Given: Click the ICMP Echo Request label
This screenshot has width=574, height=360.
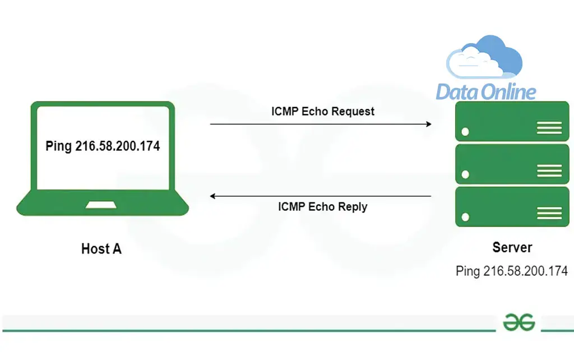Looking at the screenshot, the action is tap(322, 112).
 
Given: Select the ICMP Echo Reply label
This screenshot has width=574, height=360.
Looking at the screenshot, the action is tap(322, 206).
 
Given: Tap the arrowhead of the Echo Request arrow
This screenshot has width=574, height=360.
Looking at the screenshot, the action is tap(429, 124).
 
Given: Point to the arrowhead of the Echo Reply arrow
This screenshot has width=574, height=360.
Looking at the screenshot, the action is tap(212, 196).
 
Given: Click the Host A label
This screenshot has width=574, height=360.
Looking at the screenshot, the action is tap(101, 248).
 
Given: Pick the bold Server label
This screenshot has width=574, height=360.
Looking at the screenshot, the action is tap(512, 247).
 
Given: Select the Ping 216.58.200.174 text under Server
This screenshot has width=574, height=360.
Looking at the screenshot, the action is tap(512, 271).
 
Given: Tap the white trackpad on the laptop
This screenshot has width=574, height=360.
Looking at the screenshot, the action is tap(101, 205).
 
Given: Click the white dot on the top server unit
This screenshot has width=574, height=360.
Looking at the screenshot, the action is tap(465, 132).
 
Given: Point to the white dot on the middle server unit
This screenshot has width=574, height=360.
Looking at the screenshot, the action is tap(465, 174).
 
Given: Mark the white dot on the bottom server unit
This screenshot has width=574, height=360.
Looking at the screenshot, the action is tap(465, 217).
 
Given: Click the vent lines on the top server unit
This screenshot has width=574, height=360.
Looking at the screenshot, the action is tap(549, 128).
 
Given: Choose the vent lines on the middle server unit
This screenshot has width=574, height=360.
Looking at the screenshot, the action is tap(549, 170).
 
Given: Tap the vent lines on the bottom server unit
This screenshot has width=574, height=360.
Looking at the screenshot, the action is tap(549, 213).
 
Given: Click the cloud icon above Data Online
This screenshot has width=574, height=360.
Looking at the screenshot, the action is tap(484, 57).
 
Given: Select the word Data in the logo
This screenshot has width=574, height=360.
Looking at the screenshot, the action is tap(456, 91).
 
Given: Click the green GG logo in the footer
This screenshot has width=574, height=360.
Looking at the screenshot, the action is tap(519, 322).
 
